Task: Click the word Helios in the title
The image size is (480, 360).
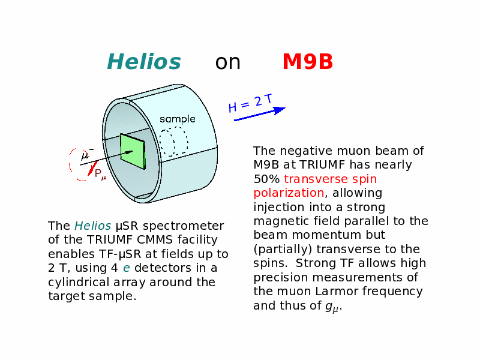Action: click(x=144, y=62)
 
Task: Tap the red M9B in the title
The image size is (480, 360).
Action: click(x=308, y=62)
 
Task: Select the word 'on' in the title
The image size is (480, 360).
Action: click(x=228, y=63)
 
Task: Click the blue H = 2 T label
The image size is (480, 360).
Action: click(x=250, y=103)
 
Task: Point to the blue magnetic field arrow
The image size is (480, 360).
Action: click(x=260, y=114)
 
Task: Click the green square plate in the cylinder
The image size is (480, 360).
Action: click(x=133, y=151)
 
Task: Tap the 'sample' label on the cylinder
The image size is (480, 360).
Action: click(x=178, y=119)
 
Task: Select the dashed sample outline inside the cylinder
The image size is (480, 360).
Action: click(x=174, y=142)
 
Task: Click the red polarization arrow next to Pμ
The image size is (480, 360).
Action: click(x=92, y=168)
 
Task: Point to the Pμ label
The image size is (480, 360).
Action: click(x=100, y=175)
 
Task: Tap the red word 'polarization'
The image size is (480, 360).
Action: click(x=289, y=193)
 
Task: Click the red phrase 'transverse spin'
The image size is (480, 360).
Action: click(x=331, y=179)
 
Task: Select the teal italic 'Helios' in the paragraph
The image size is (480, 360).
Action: click(x=93, y=226)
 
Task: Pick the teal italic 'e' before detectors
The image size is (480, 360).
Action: click(x=127, y=268)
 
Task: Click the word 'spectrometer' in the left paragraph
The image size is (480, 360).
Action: click(x=184, y=226)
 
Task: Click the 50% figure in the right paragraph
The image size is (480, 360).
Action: click(x=266, y=179)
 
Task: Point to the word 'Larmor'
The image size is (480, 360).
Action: click(x=337, y=291)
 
